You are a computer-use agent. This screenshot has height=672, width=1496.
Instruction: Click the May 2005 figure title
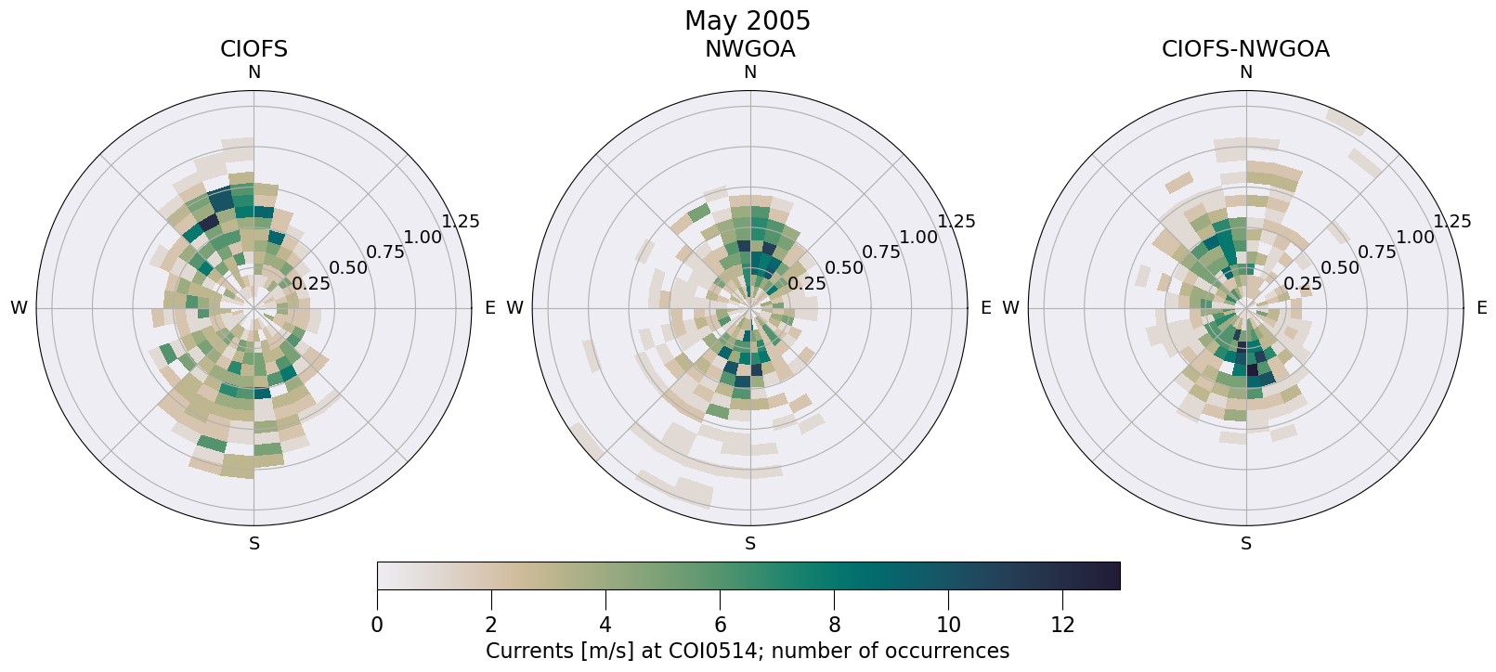pyautogui.click(x=747, y=20)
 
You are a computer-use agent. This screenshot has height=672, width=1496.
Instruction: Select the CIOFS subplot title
pyautogui.click(x=254, y=49)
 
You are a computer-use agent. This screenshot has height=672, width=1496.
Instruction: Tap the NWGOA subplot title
pyautogui.click(x=749, y=49)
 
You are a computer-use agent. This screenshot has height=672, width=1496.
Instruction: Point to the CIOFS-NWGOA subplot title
pyautogui.click(x=1245, y=49)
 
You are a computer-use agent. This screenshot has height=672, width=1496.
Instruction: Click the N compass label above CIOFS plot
pyautogui.click(x=254, y=72)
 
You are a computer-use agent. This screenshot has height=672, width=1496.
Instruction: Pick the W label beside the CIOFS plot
pyautogui.click(x=19, y=308)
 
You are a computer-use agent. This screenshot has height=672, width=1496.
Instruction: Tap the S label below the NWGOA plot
pyautogui.click(x=749, y=544)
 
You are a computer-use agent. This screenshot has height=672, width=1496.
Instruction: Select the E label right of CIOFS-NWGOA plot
pyautogui.click(x=1481, y=308)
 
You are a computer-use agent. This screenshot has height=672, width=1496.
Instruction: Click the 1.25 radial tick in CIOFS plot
pyautogui.click(x=461, y=221)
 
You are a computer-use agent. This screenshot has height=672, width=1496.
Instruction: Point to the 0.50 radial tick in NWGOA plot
pyautogui.click(x=844, y=268)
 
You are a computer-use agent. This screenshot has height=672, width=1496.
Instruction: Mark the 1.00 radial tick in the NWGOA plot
pyautogui.click(x=918, y=237)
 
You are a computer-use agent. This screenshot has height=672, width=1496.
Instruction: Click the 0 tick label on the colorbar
pyautogui.click(x=377, y=626)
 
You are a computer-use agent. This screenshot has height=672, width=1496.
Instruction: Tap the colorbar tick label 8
pyautogui.click(x=834, y=626)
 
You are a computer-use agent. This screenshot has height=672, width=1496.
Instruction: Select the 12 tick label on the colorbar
pyautogui.click(x=1062, y=626)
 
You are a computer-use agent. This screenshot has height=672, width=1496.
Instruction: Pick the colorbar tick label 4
pyautogui.click(x=605, y=626)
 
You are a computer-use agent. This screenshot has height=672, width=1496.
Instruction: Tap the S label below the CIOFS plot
pyautogui.click(x=254, y=544)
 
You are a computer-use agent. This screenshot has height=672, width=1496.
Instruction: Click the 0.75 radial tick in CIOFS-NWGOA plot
pyautogui.click(x=1378, y=252)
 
